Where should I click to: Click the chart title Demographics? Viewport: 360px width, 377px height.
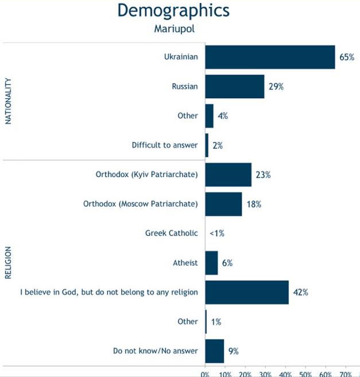(173, 10)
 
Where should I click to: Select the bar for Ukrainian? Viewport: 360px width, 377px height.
(270, 57)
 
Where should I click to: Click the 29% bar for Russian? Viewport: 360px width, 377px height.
(234, 86)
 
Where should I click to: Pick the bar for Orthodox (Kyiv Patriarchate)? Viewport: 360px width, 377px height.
(228, 174)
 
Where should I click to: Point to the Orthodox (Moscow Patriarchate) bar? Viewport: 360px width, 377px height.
(223, 203)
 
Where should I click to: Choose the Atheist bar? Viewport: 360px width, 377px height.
(211, 263)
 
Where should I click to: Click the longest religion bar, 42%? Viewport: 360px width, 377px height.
(247, 292)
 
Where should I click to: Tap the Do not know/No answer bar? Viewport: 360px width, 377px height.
(214, 351)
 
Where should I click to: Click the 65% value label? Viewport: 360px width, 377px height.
(347, 57)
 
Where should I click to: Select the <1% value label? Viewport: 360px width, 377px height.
(217, 233)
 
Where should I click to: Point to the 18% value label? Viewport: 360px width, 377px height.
(254, 203)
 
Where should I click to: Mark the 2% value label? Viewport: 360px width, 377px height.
(218, 145)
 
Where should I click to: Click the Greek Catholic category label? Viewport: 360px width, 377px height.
(171, 233)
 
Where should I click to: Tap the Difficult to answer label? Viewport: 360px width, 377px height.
(164, 145)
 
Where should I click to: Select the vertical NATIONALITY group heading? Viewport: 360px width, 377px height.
(8, 101)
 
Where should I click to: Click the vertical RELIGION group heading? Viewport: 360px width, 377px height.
(8, 263)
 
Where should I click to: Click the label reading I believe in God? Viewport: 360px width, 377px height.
(109, 292)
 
